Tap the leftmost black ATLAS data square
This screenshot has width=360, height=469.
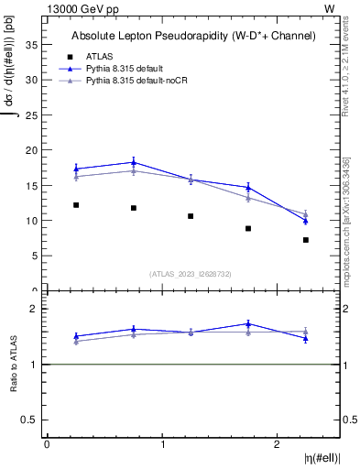[76, 205]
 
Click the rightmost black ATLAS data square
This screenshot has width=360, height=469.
[306, 240]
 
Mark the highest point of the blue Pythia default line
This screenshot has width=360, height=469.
[134, 162]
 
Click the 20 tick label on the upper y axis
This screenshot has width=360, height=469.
[34, 150]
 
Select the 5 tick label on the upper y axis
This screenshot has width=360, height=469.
[37, 256]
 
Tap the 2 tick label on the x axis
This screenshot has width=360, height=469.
[277, 444]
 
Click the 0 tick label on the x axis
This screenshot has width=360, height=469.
[47, 444]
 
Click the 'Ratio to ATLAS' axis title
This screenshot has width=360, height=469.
[13, 365]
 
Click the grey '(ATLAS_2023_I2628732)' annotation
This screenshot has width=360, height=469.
[191, 274]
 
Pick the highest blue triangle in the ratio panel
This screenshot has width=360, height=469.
[248, 323]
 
